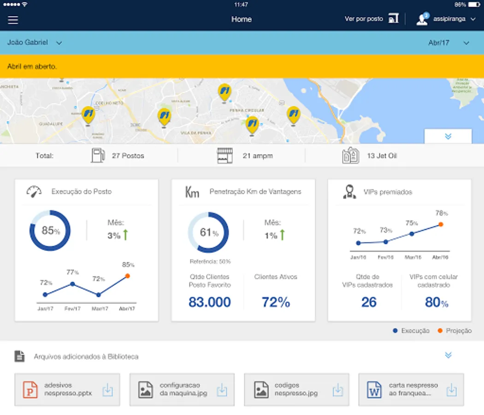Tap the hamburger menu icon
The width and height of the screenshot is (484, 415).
tap(13, 20)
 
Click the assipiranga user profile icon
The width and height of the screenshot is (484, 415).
tap(422, 19)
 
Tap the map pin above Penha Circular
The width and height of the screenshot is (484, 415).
tap(224, 93)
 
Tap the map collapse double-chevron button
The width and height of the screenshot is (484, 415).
tap(448, 136)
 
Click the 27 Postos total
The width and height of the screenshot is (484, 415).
tap(128, 156)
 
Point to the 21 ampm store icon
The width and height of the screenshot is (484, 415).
tap(225, 156)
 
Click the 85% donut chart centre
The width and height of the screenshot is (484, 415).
tap(50, 231)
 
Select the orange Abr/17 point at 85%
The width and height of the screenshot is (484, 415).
tap(127, 276)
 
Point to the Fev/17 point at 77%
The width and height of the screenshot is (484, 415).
tap(72, 284)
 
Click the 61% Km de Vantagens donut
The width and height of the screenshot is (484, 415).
tap(208, 232)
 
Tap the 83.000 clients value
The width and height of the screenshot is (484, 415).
tap(210, 302)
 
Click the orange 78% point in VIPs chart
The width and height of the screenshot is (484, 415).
tap(441, 224)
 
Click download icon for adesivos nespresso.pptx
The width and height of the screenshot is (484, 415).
tap(107, 390)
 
